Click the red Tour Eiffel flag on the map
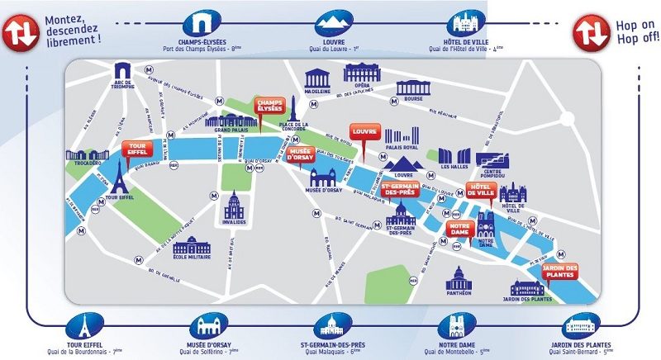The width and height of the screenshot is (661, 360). [x=135, y=149]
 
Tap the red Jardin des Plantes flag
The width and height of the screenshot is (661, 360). [x=559, y=272]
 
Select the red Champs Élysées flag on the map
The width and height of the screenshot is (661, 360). [x=269, y=106]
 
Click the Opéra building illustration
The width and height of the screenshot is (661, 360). [x=362, y=74]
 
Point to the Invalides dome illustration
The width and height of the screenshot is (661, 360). [x=234, y=206]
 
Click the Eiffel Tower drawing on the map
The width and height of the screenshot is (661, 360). [x=121, y=178]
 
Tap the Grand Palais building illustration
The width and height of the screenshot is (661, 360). [x=232, y=121]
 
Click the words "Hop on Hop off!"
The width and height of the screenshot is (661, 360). [x=637, y=32]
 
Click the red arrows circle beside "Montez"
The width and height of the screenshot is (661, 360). [x=18, y=32]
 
